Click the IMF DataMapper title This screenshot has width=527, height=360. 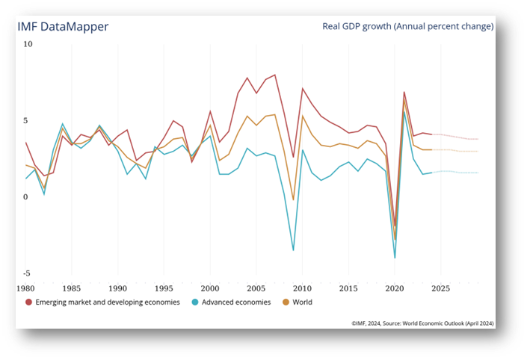[x=63, y=27]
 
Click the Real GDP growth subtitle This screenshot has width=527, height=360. [x=407, y=26]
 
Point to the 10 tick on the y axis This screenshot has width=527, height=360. [x=28, y=44]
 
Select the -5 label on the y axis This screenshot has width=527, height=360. [x=27, y=273]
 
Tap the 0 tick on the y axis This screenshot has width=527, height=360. [x=25, y=197]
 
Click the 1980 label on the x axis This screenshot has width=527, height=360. [x=25, y=288]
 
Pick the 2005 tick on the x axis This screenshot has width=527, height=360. [x=256, y=288]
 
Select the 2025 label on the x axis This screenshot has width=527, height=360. [x=440, y=288]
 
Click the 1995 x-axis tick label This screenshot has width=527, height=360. [x=164, y=288]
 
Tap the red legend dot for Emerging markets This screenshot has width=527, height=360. [x=28, y=302]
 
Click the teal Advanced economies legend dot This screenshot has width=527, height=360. [x=195, y=302]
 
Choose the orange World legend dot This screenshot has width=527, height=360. [x=286, y=302]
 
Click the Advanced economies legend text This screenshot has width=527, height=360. [x=236, y=302]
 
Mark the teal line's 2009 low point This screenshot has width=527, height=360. [x=294, y=250]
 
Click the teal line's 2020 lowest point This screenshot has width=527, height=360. [x=395, y=258]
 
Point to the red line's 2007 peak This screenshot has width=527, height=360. [x=275, y=75]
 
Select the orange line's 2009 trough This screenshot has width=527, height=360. [x=294, y=200]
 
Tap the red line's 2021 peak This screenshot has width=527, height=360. [x=404, y=92]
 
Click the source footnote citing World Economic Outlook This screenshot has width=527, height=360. [x=422, y=323]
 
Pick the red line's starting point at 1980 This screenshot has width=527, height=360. [x=25, y=143]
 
